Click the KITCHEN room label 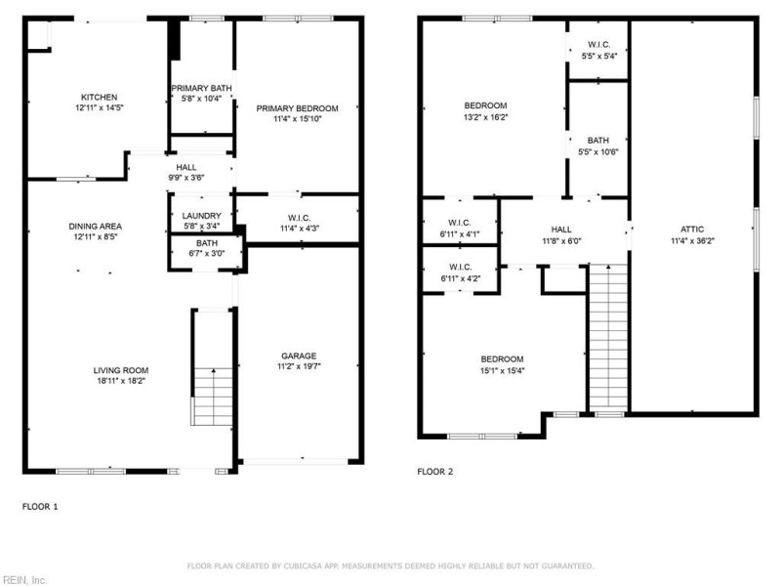click(100, 97)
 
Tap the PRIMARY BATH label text click(201, 87)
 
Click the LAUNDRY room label click(201, 216)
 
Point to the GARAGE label click(300, 356)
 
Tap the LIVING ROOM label click(120, 370)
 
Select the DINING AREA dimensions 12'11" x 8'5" click(96, 236)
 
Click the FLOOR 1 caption click(40, 507)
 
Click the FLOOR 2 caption click(435, 472)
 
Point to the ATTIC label click(692, 230)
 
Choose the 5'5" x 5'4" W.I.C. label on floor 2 click(598, 56)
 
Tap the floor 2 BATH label click(598, 140)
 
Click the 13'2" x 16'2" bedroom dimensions click(485, 116)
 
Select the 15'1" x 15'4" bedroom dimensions click(502, 370)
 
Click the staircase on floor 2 click(607, 337)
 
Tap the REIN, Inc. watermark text click(23, 579)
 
